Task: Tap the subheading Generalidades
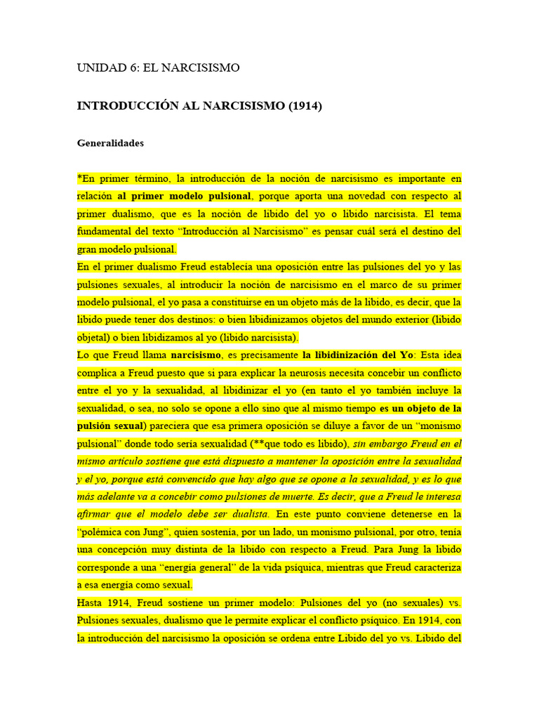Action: pyautogui.click(x=110, y=143)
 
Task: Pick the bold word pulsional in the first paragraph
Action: pyautogui.click(x=227, y=196)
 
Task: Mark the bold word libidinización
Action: pyautogui.click(x=342, y=355)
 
